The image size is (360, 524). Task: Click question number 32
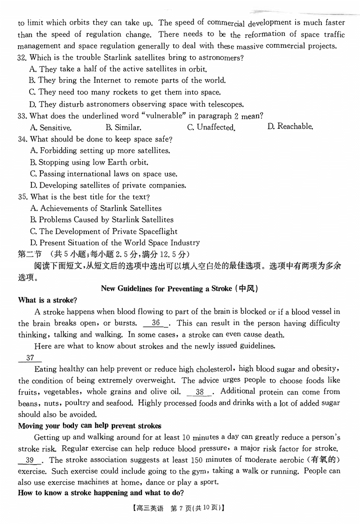coord(22,58)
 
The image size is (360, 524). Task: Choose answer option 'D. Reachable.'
coord(290,126)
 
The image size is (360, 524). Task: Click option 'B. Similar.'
coord(123,128)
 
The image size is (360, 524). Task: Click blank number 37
coord(30,358)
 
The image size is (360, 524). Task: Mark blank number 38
coord(200,392)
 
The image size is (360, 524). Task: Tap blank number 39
coord(30,460)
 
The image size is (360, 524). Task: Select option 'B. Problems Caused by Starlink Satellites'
coord(102,220)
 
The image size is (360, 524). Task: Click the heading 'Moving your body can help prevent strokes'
coord(90,426)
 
